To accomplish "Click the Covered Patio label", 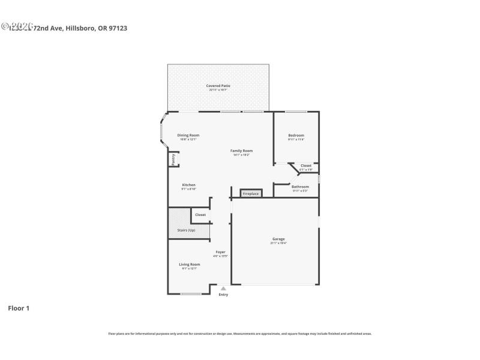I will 218,86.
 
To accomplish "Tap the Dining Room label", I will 188,135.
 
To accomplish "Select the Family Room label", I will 242,151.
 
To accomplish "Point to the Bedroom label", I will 296,135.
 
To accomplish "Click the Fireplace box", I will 251,194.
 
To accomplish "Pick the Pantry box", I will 173,159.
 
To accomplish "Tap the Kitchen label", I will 188,185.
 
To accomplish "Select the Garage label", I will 278,239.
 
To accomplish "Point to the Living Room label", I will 189,264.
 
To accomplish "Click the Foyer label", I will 220,252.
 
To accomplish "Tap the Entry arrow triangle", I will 223,289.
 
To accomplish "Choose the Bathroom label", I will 300,187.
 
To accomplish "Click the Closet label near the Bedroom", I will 305,166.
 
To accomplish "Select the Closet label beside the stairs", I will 200,214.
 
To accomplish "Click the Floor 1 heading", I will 18,308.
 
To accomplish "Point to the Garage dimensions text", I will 278,243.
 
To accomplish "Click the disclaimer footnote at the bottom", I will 239,334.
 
